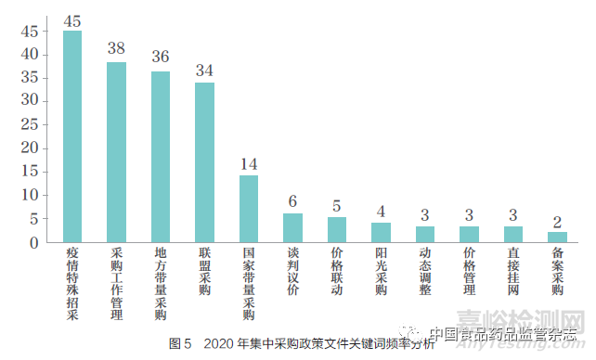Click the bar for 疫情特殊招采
(x=71, y=136)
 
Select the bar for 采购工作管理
(x=116, y=152)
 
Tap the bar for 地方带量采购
(x=161, y=157)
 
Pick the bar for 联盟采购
(x=204, y=162)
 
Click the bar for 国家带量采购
(x=249, y=209)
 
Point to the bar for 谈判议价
(x=292, y=227)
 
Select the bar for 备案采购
(x=557, y=237)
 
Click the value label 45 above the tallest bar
(x=71, y=20)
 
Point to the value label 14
(x=249, y=165)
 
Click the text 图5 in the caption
(x=180, y=344)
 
